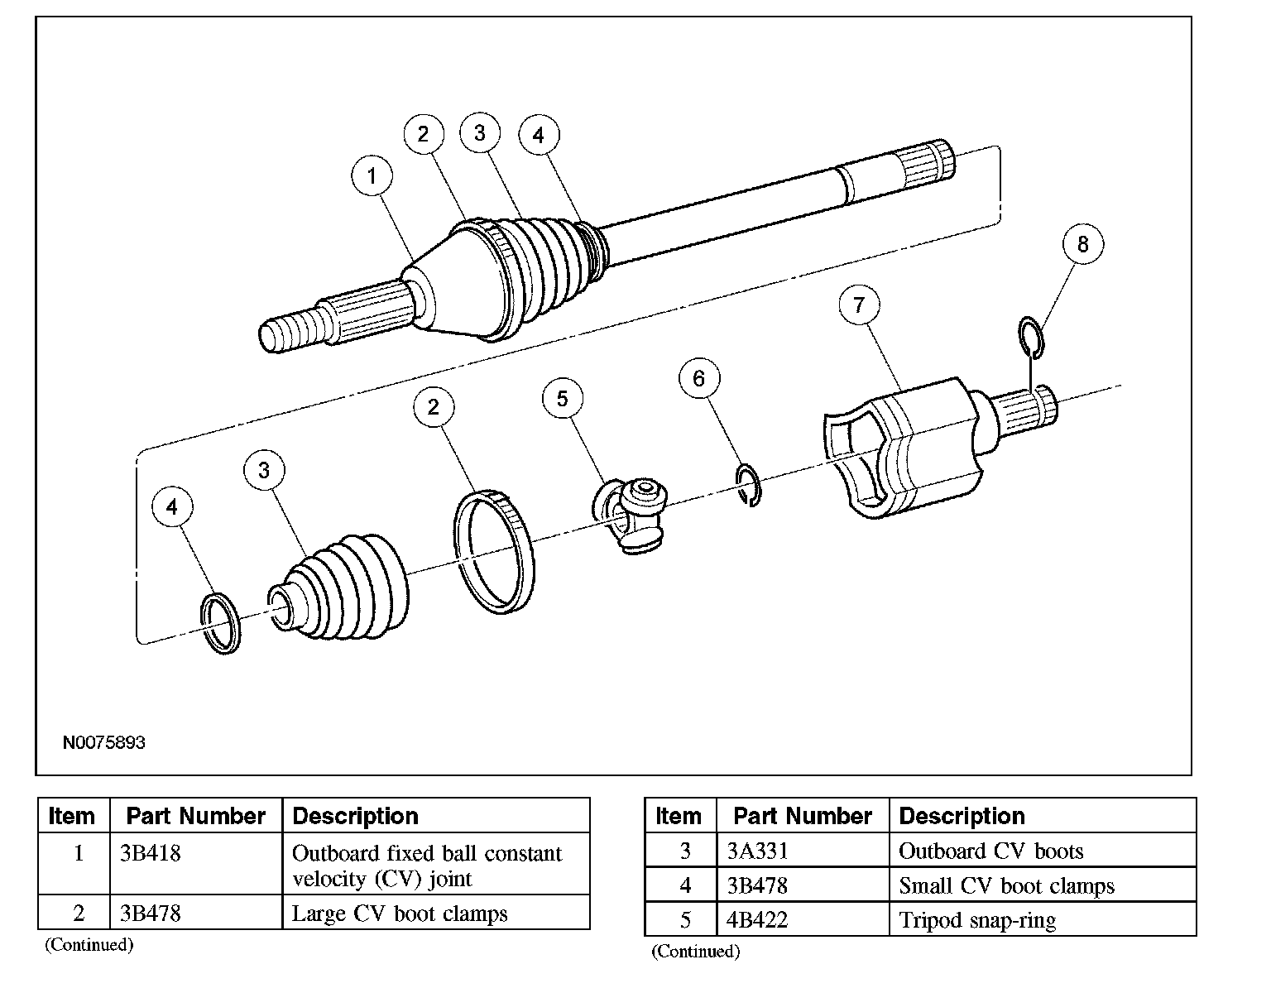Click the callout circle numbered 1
pos(372,175)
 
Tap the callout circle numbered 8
pos(1082,244)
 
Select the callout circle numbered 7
pos(859,305)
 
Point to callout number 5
pos(563,399)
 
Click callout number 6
pos(699,379)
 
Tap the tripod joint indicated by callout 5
pos(631,515)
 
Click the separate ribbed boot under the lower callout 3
pos(339,587)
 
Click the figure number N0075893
pos(103,742)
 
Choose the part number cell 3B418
pos(151,854)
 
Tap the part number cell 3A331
pos(757,851)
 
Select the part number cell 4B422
pos(757,920)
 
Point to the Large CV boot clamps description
pos(400,914)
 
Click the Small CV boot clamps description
pos(1007,886)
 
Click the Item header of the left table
pos(71,816)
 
